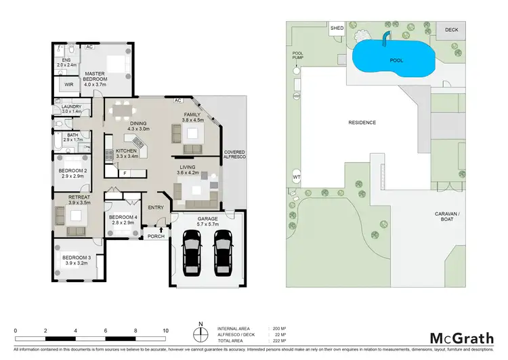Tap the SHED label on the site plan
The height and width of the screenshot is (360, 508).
(337, 28)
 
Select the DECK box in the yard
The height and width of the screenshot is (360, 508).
(451, 30)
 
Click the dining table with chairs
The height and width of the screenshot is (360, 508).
(123, 108)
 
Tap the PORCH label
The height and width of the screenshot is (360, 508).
(156, 236)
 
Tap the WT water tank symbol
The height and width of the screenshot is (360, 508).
(296, 177)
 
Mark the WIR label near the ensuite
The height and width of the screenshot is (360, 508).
(68, 84)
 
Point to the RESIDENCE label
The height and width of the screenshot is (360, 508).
(362, 123)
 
